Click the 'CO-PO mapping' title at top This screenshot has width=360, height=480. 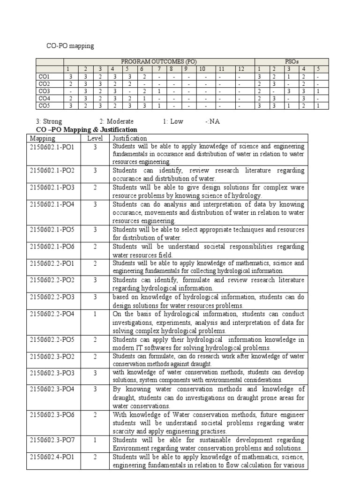[x=70, y=46]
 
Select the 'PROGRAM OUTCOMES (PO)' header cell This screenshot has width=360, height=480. [x=159, y=61]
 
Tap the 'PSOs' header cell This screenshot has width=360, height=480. [x=292, y=61]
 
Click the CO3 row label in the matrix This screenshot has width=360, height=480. [x=45, y=91]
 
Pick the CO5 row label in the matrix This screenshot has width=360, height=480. [x=45, y=106]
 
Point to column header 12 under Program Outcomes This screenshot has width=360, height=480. [x=240, y=69]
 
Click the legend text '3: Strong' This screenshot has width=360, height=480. [x=49, y=121]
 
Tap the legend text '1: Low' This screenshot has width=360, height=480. [x=173, y=121]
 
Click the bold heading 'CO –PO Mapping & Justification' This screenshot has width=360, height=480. [x=87, y=129]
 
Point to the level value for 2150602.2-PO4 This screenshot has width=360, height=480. [x=95, y=314]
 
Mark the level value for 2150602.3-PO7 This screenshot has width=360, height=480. [x=95, y=441]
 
